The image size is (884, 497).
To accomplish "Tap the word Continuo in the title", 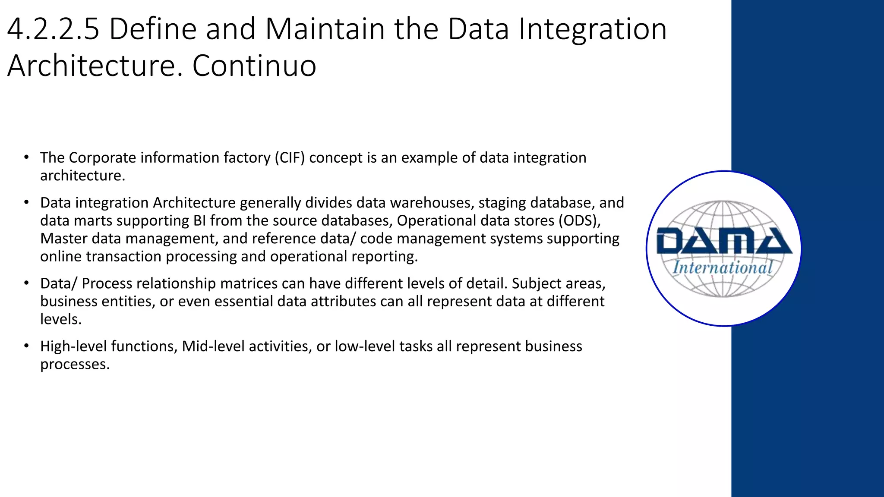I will [x=254, y=66].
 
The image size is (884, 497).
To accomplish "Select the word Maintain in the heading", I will [x=325, y=29].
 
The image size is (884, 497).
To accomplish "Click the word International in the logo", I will [x=723, y=267].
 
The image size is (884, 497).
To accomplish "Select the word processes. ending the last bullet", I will [x=75, y=365].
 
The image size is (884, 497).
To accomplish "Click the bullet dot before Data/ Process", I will [x=26, y=283].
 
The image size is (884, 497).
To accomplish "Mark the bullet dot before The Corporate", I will [x=26, y=157].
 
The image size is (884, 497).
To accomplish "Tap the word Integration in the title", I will [x=592, y=29].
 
